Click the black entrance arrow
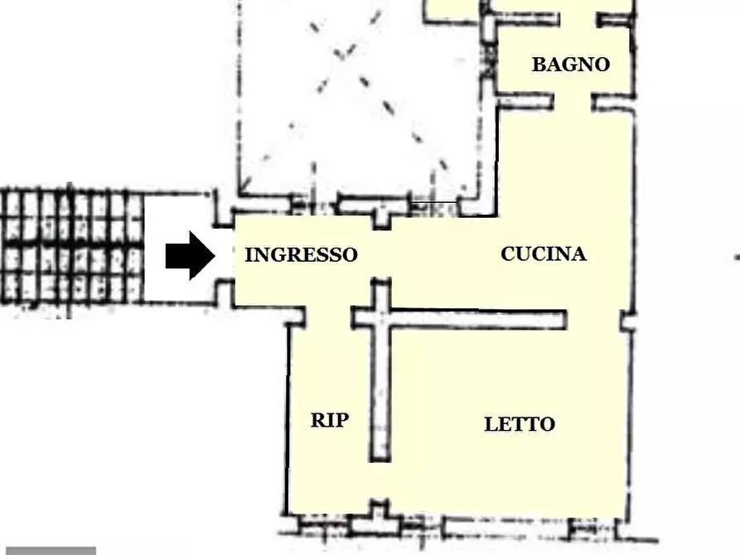190,255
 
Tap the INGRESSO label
301,255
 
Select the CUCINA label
543,253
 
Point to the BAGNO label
570,65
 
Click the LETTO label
520,424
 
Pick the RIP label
329,420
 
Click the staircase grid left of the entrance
71,246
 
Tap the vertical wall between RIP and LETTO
380,389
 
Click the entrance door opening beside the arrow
223,254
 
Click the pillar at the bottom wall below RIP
380,514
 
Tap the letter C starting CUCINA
508,253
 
